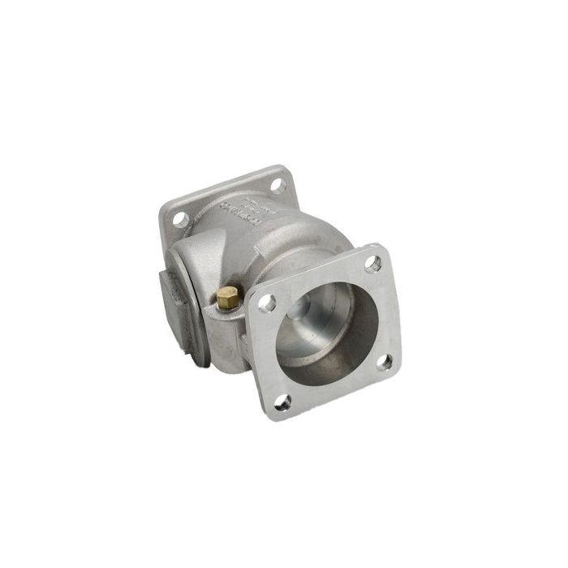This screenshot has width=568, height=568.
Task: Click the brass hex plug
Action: coord(227,298)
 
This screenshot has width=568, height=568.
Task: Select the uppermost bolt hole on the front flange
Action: coord(372,263)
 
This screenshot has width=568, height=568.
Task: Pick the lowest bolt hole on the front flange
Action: coord(282,399)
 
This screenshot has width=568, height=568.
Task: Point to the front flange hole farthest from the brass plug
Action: coord(385,362)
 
